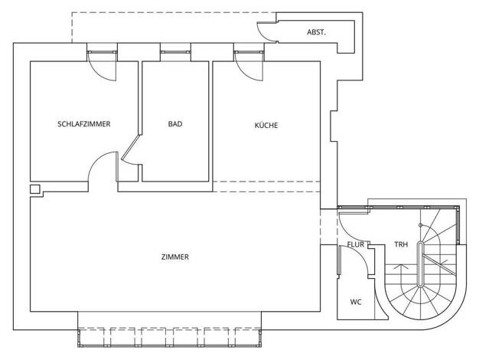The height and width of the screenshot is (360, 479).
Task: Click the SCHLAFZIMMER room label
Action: pos(84,124)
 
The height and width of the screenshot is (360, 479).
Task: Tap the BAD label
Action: pos(175,124)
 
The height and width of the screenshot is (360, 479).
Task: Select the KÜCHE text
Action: pos(266,125)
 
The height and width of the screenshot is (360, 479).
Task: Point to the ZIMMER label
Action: pos(175,257)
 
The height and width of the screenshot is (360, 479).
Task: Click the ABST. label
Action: pos(317,32)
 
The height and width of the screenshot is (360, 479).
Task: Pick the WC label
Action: pos(356,303)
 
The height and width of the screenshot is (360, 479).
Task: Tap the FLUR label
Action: pos(356,244)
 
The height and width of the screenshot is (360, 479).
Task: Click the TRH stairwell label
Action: pos(401,244)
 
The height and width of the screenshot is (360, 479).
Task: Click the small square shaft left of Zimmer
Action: pos(35,189)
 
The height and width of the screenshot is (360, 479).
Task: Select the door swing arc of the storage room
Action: pos(266,31)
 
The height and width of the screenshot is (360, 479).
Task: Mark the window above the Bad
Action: pos(176,52)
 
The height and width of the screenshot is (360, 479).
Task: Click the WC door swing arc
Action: pos(355,260)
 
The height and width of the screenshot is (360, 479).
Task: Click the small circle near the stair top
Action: pos(420,225)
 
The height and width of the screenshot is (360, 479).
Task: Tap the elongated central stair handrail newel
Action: pos(421,264)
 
